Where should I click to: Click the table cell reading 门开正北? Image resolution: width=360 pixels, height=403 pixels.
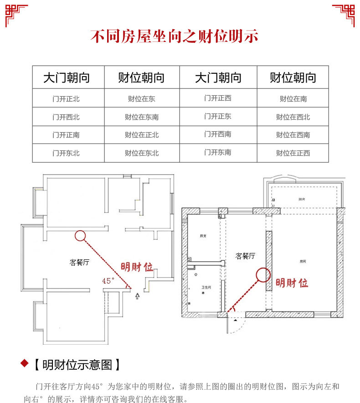coord(66,98)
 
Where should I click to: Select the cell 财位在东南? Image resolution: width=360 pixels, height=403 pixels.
coord(142,117)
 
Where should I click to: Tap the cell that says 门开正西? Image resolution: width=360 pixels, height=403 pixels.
coord(218,98)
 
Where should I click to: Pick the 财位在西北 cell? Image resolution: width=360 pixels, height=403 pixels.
coord(293,117)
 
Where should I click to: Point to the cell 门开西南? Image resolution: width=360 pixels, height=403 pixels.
coord(218,134)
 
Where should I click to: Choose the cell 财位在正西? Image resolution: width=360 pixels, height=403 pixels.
coord(293,153)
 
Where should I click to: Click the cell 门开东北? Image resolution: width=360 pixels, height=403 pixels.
coord(66,153)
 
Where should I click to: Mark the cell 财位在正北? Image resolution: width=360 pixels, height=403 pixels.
coord(142,135)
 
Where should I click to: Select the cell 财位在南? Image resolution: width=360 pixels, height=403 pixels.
coord(293,98)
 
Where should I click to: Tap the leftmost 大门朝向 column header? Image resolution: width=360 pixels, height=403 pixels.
coord(67,77)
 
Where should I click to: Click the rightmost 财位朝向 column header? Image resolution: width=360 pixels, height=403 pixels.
coord(293,77)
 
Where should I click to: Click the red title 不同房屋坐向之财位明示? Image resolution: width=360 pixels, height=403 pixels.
coord(175,36)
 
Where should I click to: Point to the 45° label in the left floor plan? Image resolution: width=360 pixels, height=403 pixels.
coord(108,281)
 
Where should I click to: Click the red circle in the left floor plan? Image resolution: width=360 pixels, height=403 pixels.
coord(80,235)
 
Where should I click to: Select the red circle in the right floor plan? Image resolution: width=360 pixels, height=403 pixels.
coord(262,274)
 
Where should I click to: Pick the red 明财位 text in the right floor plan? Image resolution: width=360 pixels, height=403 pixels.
coord(292,283)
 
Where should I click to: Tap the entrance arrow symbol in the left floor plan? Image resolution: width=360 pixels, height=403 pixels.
coord(138,296)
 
